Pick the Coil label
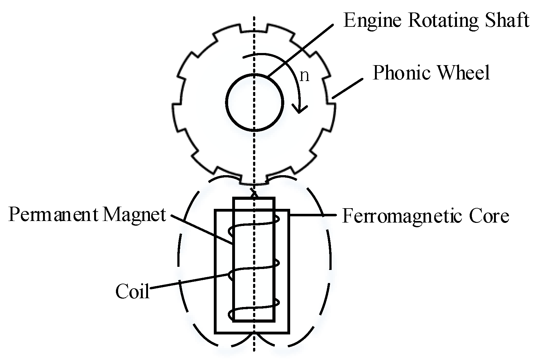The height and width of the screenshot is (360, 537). [132, 291]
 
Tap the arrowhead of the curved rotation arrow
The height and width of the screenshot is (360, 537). [299, 110]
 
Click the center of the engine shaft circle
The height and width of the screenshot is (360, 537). [255, 102]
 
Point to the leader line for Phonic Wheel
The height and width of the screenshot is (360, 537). [347, 89]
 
